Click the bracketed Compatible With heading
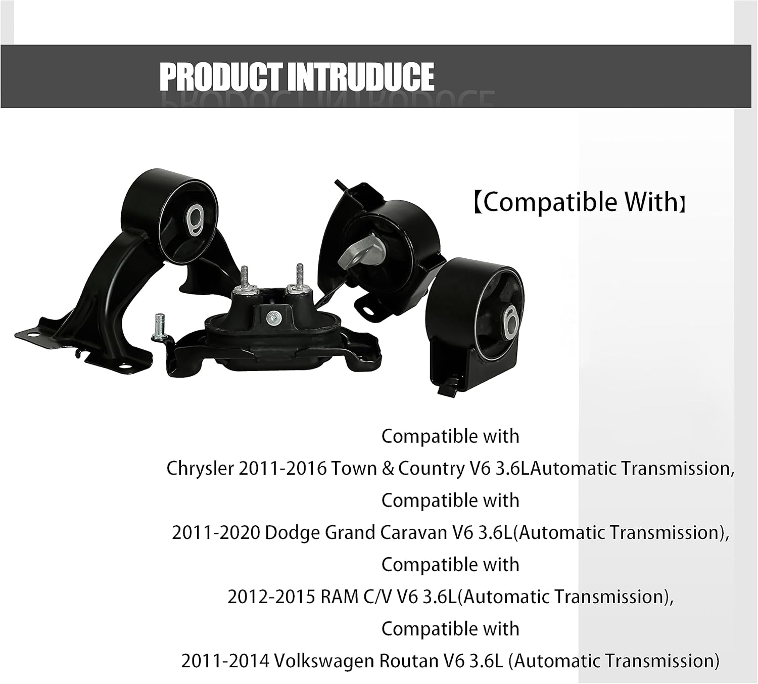click(580, 202)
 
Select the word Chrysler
click(200, 469)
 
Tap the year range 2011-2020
click(216, 533)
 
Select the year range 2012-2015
click(271, 597)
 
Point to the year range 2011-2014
click(224, 661)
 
